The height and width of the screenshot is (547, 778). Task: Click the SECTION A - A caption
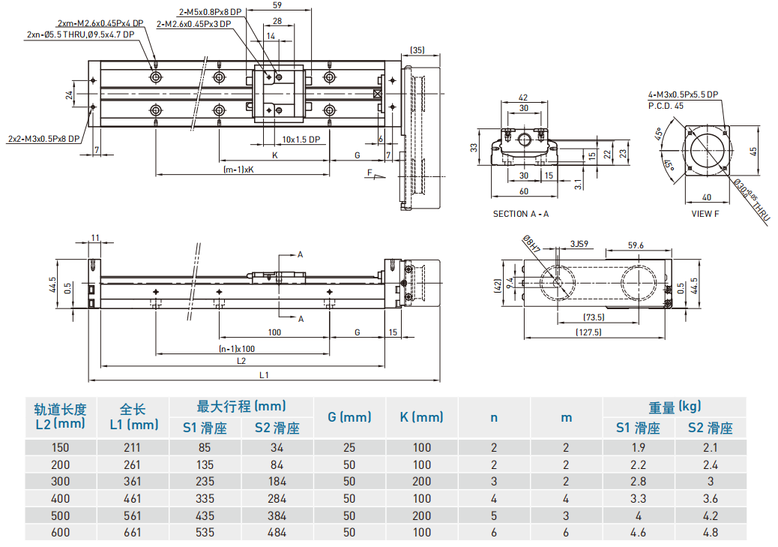(x=520, y=214)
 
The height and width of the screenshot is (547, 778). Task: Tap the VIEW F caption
(x=705, y=214)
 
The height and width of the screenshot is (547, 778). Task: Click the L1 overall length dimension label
(x=264, y=375)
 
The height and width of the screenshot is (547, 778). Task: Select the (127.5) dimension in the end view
(x=588, y=332)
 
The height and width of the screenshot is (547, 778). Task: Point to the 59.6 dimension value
(x=636, y=245)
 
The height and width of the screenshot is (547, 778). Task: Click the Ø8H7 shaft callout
(x=531, y=244)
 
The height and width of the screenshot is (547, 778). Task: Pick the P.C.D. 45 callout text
(x=666, y=106)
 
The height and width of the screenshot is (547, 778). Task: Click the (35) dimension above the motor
(x=417, y=50)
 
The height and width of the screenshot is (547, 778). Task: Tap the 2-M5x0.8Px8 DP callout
(x=211, y=12)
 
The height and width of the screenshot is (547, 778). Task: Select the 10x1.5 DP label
(x=301, y=140)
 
